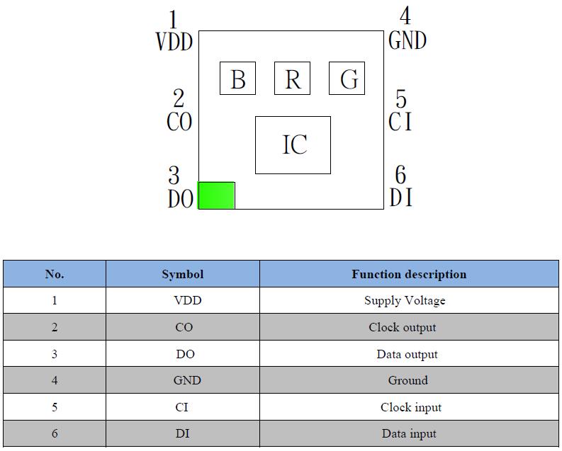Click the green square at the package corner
[216, 195]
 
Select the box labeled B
[237, 79]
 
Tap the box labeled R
[292, 79]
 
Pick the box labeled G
[347, 79]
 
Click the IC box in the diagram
[293, 144]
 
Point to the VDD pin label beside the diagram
[174, 42]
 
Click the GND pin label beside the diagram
[408, 41]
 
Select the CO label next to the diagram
[179, 122]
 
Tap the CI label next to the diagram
[400, 122]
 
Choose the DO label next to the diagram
[181, 199]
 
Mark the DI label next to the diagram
[401, 198]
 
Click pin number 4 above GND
[405, 16]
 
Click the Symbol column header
[182, 274]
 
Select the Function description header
[409, 274]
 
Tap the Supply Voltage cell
[405, 300]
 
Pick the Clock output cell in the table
[403, 327]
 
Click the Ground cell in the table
[408, 380]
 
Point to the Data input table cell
[409, 433]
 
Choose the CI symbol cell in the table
[182, 407]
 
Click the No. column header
[55, 274]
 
